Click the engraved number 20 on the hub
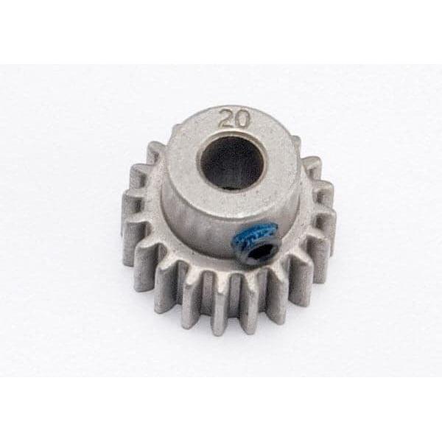231,120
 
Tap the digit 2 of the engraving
225,120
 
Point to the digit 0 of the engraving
238,120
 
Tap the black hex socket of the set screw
259,249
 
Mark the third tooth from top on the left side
133,203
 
